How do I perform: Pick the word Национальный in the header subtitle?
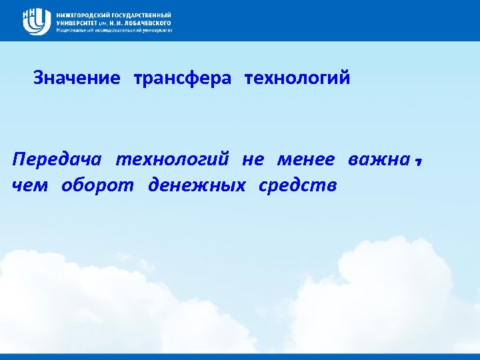73,30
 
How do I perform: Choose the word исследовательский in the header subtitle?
115,30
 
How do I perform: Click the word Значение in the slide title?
77,79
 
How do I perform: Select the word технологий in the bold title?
297,79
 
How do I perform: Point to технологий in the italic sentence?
172,161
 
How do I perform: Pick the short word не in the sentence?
253,161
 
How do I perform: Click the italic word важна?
378,161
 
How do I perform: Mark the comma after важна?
419,162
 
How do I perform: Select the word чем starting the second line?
30,185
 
